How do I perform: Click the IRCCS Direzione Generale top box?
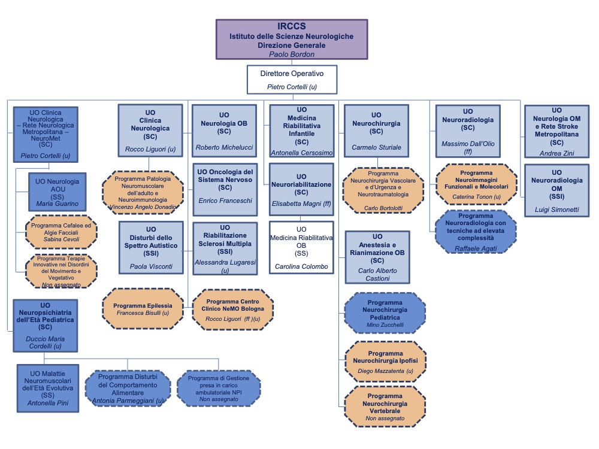[291, 39]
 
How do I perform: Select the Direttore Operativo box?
[292, 80]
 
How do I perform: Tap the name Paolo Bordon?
[291, 54]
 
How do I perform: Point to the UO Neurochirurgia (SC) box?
[376, 131]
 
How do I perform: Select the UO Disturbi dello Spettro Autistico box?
[150, 247]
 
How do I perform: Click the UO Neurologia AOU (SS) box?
[53, 192]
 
